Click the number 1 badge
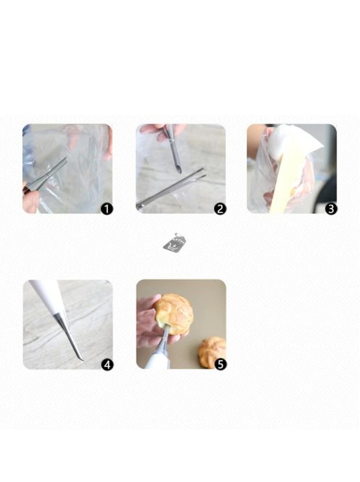pyautogui.click(x=107, y=209)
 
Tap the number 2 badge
pyautogui.click(x=220, y=209)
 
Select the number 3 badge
pyautogui.click(x=331, y=209)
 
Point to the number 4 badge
pyautogui.click(x=107, y=365)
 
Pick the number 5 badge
pyautogui.click(x=221, y=364)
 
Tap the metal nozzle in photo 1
pyautogui.click(x=46, y=175)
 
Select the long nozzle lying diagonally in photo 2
pyautogui.click(x=171, y=188)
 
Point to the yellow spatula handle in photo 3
pyautogui.click(x=288, y=181)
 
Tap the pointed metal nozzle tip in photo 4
pyautogui.click(x=83, y=359)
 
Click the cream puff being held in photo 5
pyautogui.click(x=173, y=314)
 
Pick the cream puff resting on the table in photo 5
pyautogui.click(x=212, y=352)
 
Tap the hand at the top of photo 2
pyautogui.click(x=161, y=131)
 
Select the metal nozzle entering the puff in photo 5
pyautogui.click(x=164, y=339)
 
